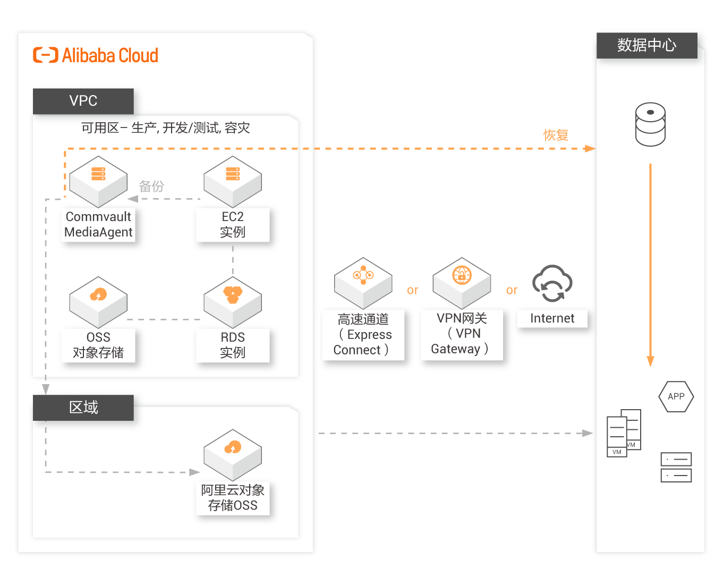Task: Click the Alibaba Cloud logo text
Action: point(109,55)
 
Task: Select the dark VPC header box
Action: point(83,101)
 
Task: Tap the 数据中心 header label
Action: point(647,46)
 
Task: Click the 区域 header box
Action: point(83,408)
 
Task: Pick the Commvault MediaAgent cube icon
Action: point(98,182)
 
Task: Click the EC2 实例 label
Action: point(233,224)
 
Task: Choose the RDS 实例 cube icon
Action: point(233,302)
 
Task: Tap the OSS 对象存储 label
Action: point(98,345)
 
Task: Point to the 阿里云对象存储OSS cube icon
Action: point(233,455)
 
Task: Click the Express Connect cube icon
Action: point(363,283)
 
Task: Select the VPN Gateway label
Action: point(462,334)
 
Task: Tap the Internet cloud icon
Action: point(552,284)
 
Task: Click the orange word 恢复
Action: point(556,135)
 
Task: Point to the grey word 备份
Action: point(151,186)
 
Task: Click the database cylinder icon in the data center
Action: point(650,124)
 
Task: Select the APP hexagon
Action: point(676,396)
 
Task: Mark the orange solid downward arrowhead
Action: point(650,361)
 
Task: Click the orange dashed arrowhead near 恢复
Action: point(590,149)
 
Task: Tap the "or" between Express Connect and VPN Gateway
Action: point(412,290)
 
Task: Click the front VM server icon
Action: point(616,437)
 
